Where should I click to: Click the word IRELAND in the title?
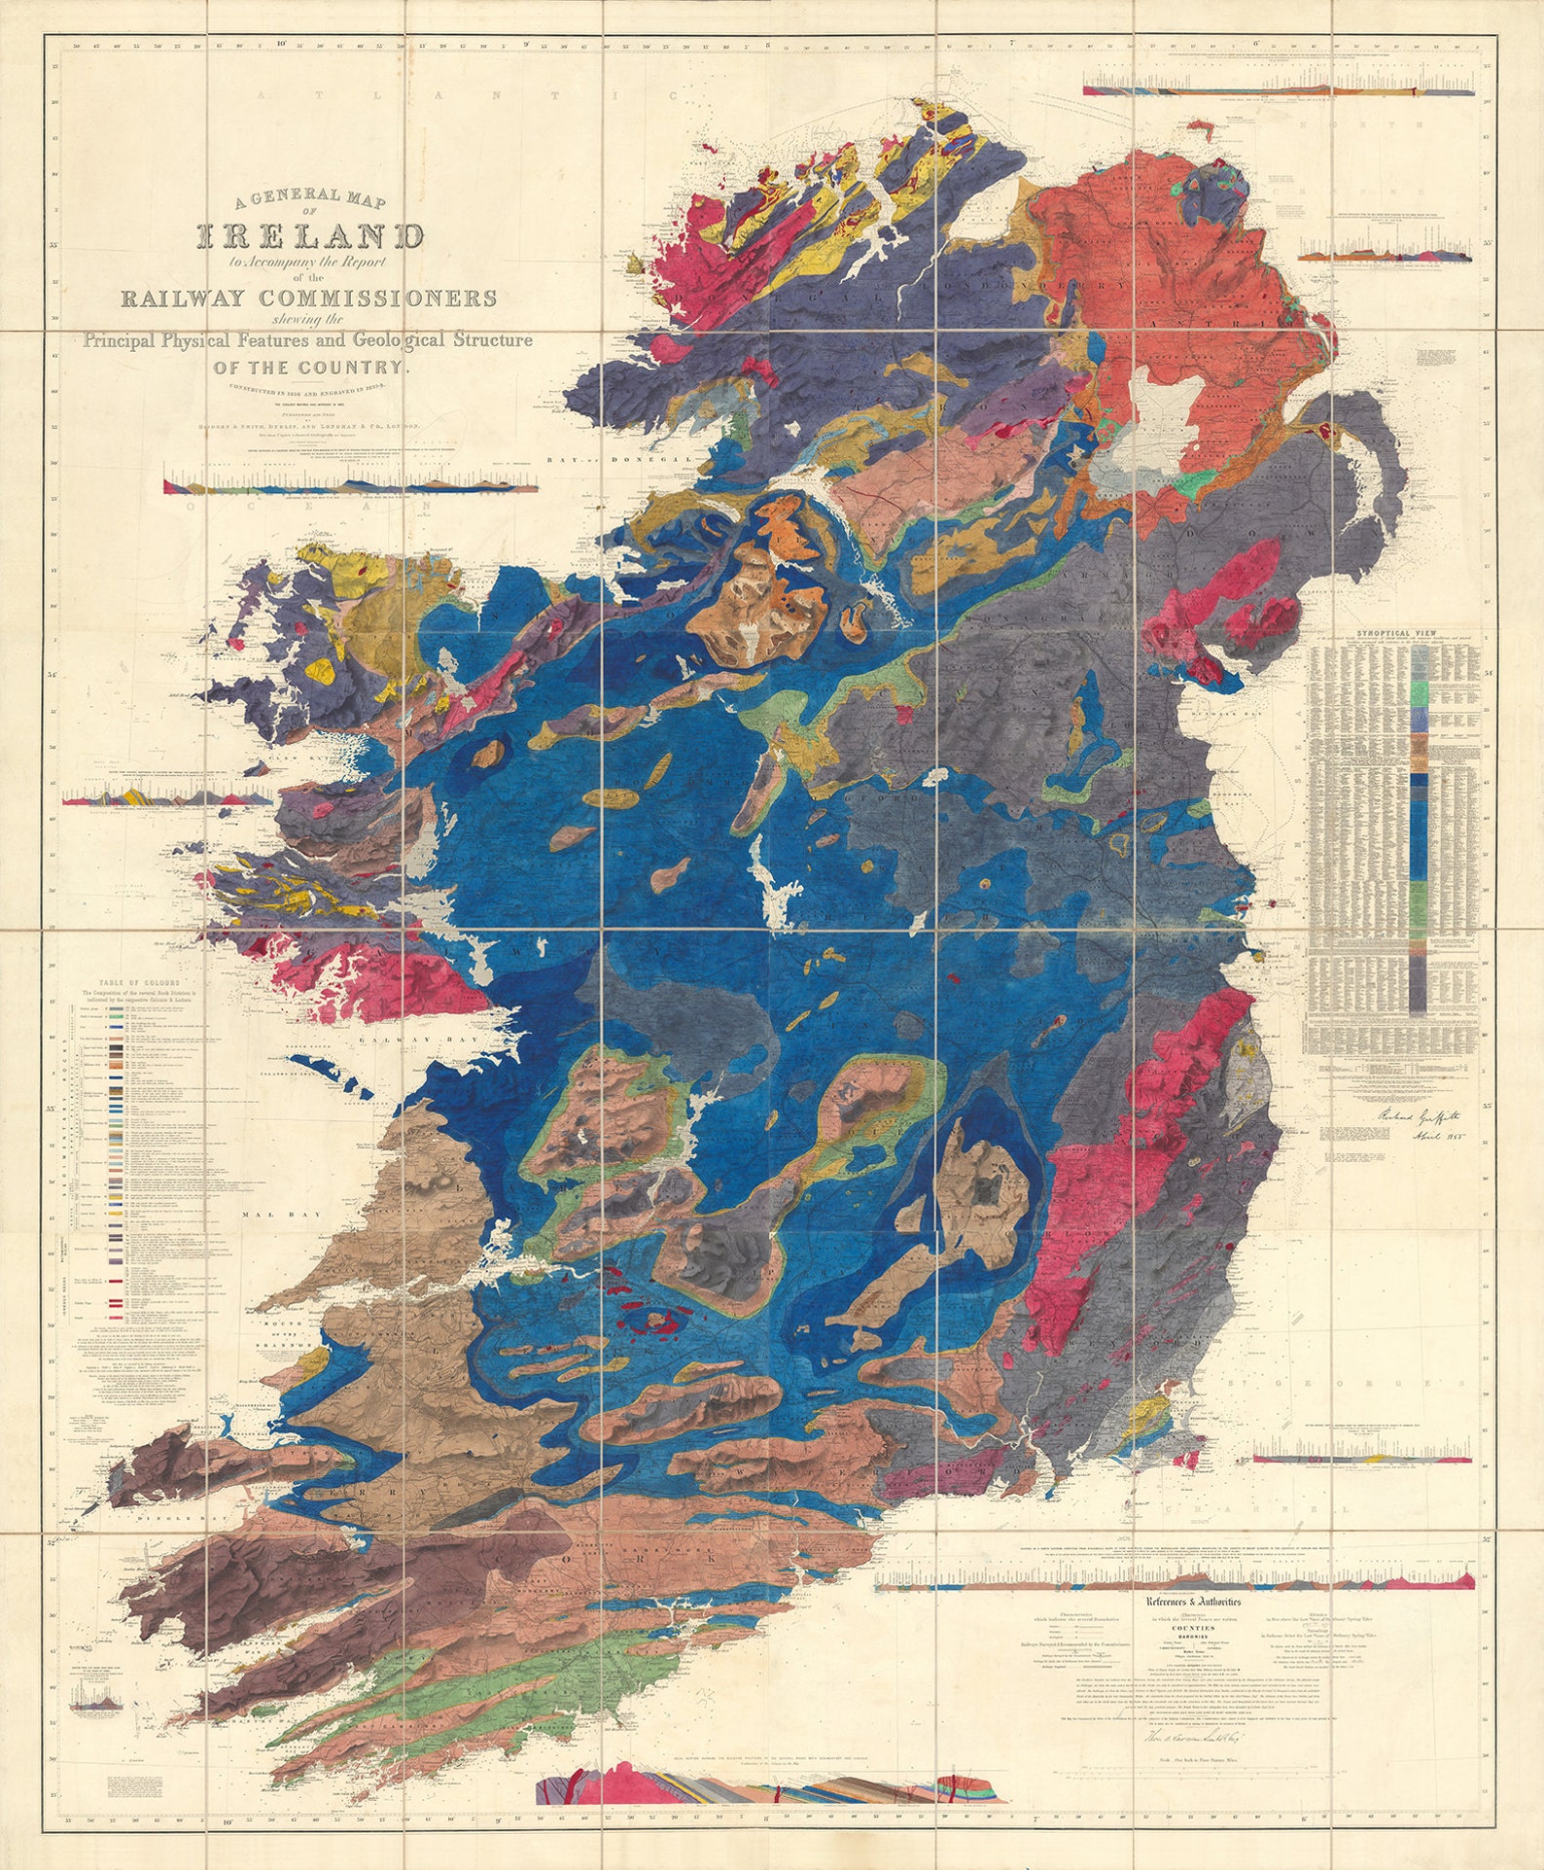(311, 236)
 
